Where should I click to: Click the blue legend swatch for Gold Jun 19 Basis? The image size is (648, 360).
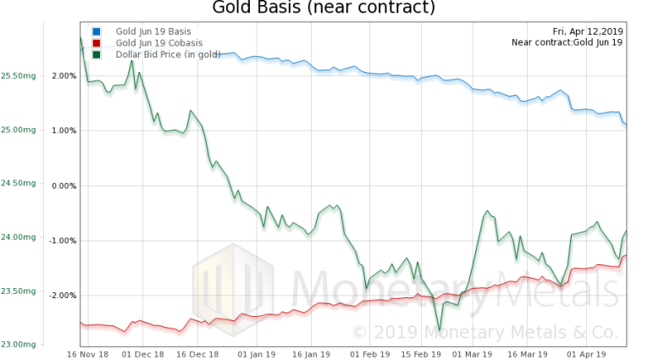coord(97,31)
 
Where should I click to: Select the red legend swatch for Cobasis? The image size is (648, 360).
coord(97,42)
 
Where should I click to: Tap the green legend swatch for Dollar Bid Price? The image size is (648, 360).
coord(97,54)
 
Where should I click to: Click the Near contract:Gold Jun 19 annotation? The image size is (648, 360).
coord(568,42)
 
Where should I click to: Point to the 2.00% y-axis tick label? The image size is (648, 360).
coord(66,76)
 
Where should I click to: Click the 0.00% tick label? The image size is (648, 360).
coord(66,186)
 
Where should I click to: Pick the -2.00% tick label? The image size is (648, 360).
coord(64,296)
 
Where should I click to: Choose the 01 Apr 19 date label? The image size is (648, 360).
coord(583,353)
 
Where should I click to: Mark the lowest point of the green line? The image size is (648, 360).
coord(440,330)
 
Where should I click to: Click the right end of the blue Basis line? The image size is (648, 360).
coord(626,125)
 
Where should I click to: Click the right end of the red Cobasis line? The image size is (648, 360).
coord(626,256)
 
